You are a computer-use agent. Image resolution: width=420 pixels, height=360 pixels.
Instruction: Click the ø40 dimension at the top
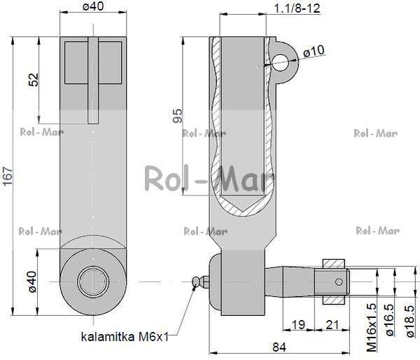pyautogui.click(x=94, y=7)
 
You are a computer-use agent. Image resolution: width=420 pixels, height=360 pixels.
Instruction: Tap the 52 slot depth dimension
pyautogui.click(x=33, y=78)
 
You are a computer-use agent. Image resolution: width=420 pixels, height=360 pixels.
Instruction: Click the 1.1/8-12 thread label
pyautogui.click(x=297, y=8)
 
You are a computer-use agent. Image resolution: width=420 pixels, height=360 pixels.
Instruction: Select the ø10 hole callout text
pyautogui.click(x=314, y=51)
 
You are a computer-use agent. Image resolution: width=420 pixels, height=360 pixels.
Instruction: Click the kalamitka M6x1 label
pyautogui.click(x=125, y=337)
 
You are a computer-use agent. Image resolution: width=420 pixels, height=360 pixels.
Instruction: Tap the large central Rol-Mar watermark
pyautogui.click(x=209, y=179)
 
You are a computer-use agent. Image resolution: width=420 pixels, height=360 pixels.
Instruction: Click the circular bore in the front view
pyautogui.click(x=93, y=282)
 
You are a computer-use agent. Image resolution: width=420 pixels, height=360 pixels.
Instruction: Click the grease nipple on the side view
pyautogui.click(x=199, y=282)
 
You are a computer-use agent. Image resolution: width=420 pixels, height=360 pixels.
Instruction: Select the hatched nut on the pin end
pyautogui.click(x=334, y=282)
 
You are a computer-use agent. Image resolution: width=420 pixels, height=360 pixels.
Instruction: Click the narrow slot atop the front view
pyautogui.click(x=93, y=81)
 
